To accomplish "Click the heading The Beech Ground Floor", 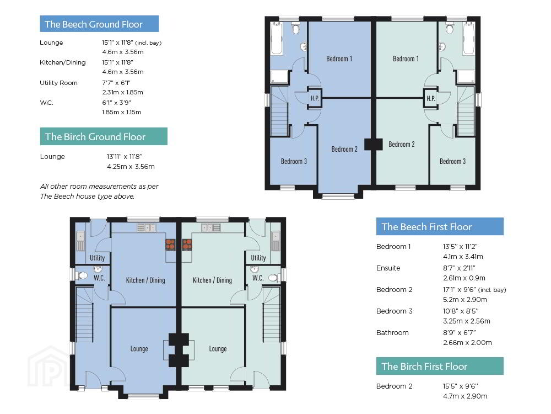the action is pos(94,24).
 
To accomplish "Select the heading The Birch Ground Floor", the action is pos(95,136).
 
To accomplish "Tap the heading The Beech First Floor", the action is pos(426,227).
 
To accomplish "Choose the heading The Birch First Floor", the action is pos(424,367).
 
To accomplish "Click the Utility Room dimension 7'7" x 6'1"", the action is pos(116,83).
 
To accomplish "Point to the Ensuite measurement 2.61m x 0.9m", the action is pos(464,278).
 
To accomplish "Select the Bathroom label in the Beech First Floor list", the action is pos(392,333).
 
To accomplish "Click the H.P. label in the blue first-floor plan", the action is pos(315,98).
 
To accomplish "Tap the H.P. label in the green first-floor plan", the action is pos(431,98).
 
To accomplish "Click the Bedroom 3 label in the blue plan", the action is pos(294,161).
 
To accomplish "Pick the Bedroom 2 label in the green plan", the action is pos(402,144).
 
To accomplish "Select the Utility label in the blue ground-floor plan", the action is pos(98,258).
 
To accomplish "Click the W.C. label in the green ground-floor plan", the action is pos(258,278).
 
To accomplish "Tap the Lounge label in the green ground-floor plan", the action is pos(218,348).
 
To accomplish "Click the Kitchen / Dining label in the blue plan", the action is pos(145,280).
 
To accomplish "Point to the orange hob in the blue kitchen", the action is pos(170,245).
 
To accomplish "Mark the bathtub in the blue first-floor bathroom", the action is pos(277,39).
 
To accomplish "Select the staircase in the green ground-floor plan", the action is pos(272,315).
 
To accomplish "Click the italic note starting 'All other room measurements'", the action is pos(99,191).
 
